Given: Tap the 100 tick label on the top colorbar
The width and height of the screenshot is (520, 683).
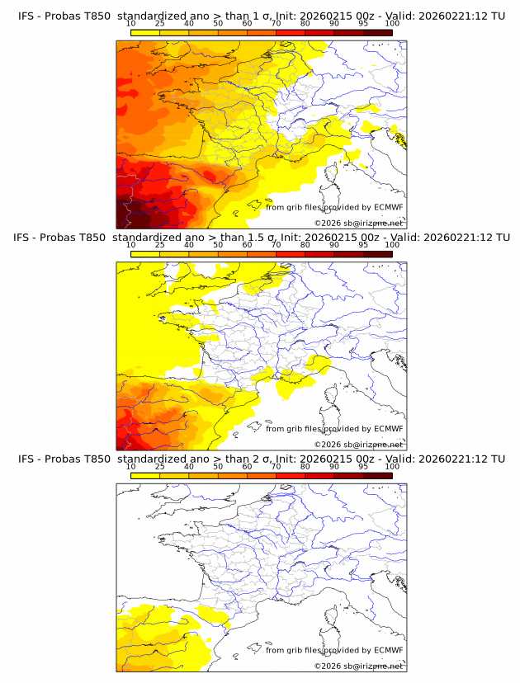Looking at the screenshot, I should click(392, 23).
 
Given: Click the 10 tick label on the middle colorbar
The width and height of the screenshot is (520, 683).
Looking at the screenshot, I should click(130, 245).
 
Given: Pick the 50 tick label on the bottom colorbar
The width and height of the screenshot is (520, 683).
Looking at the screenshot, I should click(218, 467).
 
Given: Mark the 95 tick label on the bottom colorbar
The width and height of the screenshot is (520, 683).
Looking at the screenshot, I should click(363, 467).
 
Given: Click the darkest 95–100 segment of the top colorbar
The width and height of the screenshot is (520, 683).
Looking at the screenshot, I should click(377, 32).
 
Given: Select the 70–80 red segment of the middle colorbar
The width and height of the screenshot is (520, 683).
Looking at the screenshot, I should click(291, 254).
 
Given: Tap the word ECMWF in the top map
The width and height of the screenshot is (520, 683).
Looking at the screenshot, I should click(388, 207).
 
